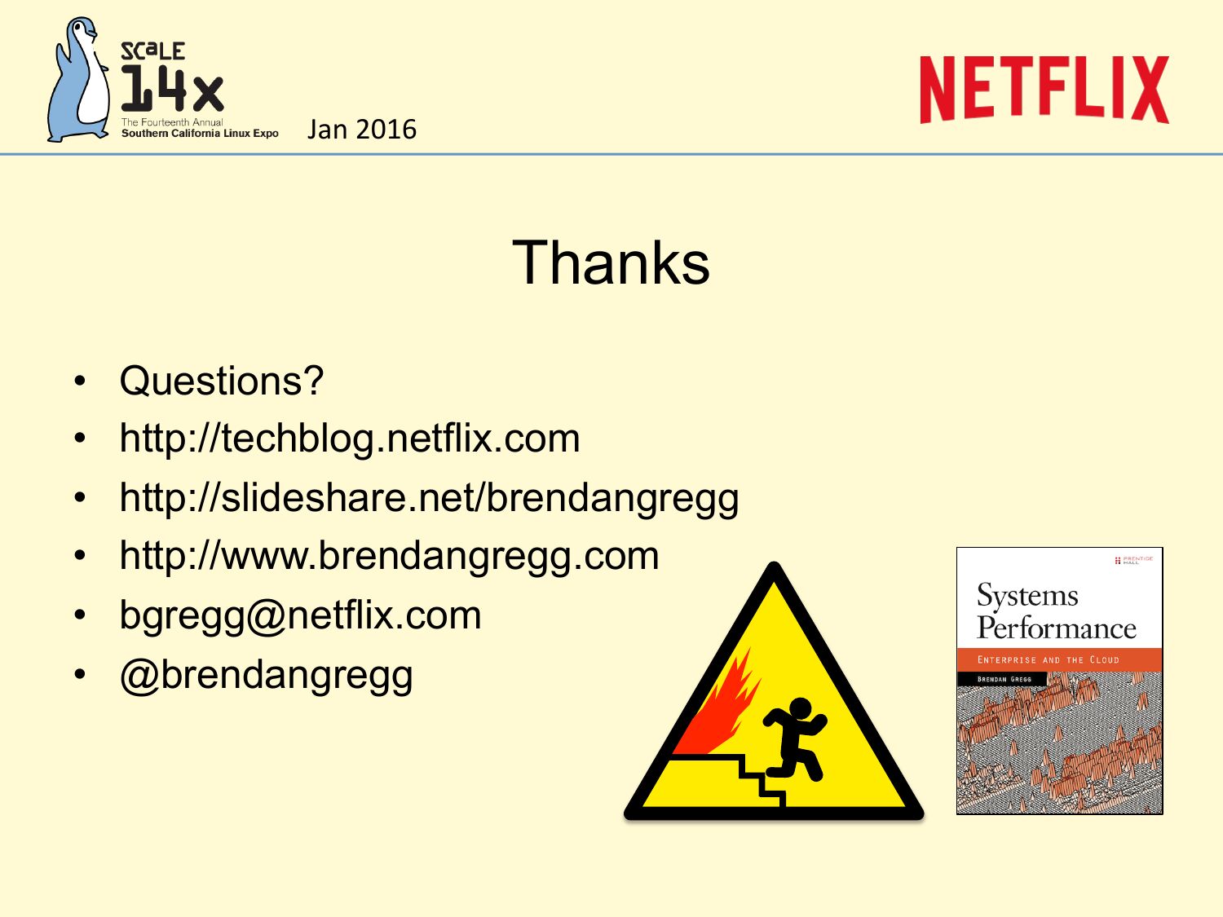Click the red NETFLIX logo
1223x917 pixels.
tap(1044, 89)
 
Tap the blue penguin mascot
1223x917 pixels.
tap(79, 80)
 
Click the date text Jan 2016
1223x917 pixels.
tap(362, 129)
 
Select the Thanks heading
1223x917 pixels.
tap(611, 262)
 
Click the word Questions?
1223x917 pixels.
tap(222, 381)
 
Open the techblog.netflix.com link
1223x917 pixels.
tap(350, 439)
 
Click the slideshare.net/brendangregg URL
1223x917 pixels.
tap(429, 497)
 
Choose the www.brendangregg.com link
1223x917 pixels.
tap(390, 556)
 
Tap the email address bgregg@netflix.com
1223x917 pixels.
tap(300, 615)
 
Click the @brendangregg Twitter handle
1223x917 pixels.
tap(267, 674)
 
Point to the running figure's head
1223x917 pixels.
tap(801, 710)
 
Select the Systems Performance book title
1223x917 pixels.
tap(1056, 611)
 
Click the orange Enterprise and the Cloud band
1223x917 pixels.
tap(1059, 659)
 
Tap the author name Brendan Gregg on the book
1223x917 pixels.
tap(1004, 679)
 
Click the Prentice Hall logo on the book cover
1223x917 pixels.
tap(1134, 559)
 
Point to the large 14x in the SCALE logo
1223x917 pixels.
tap(172, 87)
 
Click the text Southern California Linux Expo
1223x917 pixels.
tap(200, 134)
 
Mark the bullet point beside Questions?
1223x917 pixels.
tap(80, 381)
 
